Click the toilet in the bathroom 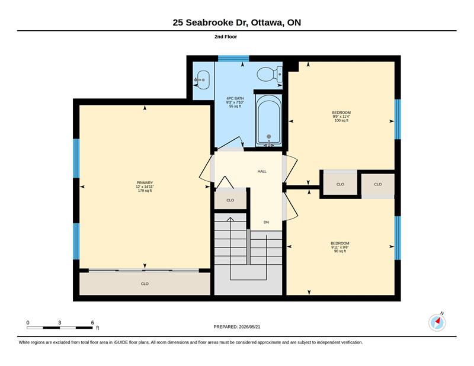point(270,74)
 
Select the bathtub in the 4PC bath point(269,120)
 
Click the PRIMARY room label point(145,182)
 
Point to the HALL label point(262,171)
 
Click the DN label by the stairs point(266,222)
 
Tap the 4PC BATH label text point(235,98)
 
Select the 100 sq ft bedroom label point(341,116)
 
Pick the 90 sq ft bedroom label point(340,247)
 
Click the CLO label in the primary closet point(145,284)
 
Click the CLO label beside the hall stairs point(230,200)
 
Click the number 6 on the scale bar point(92,323)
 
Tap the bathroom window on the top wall point(233,58)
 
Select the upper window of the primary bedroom point(76,158)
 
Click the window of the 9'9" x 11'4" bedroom point(398,119)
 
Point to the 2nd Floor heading point(226,37)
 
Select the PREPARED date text point(237,327)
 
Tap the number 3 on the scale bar point(60,323)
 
